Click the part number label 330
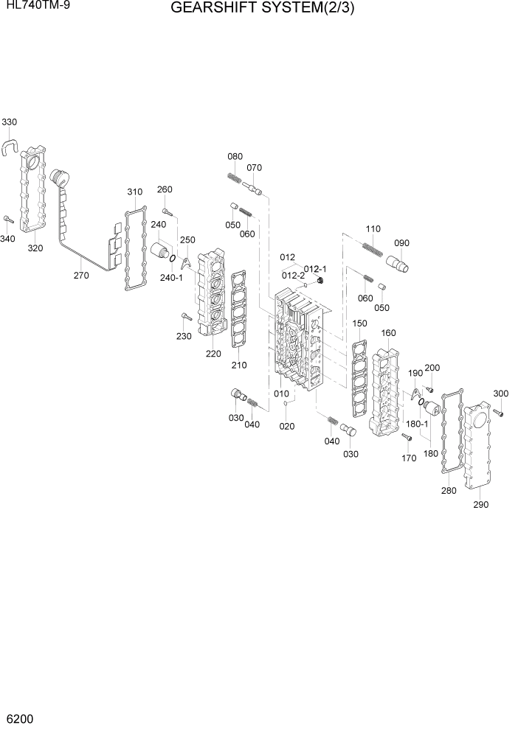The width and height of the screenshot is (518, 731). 10,122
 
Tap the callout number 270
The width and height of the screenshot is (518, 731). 81,276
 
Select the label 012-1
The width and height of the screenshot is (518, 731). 316,268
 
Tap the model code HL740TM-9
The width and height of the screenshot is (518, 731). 35,7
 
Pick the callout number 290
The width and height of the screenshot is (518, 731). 480,505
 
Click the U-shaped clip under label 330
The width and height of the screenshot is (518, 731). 10,144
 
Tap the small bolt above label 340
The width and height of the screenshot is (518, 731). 8,219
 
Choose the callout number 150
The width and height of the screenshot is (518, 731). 359,323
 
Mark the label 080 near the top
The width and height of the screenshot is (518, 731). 235,156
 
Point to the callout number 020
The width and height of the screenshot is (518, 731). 287,426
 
